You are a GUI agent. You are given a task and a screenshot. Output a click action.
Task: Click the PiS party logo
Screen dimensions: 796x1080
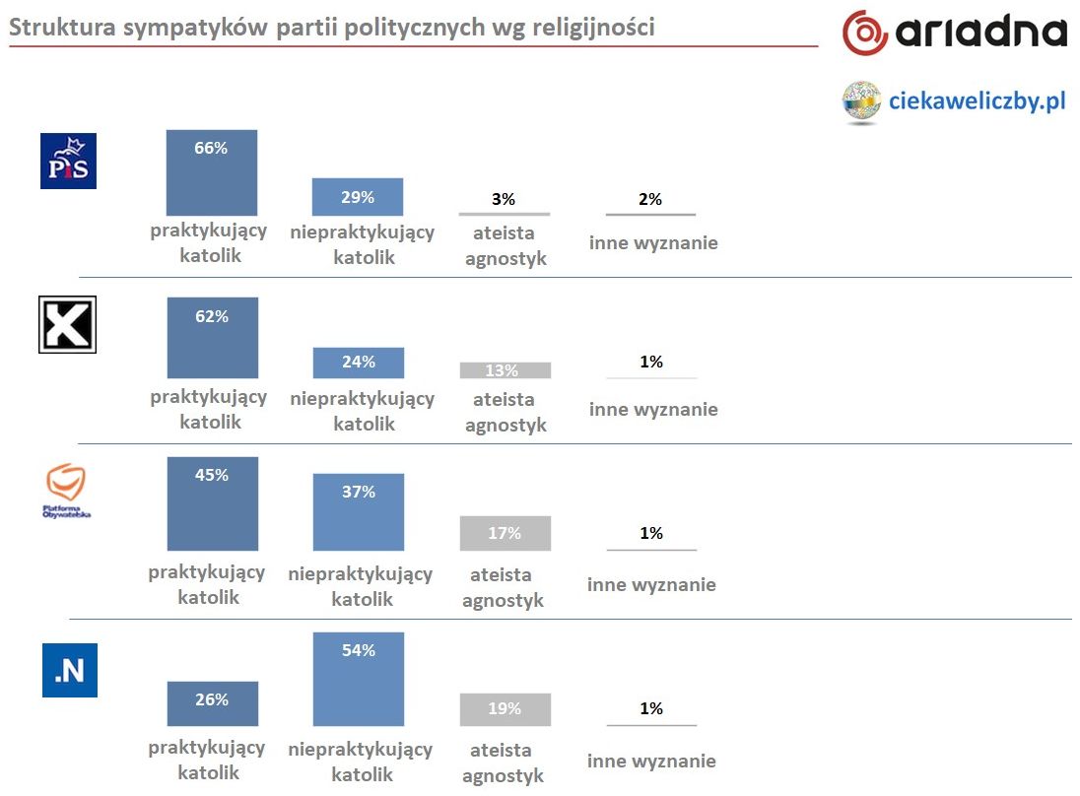(x=68, y=161)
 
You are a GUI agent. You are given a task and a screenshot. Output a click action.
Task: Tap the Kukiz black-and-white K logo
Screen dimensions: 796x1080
(x=67, y=325)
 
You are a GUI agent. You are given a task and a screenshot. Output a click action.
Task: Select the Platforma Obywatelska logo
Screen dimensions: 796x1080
(x=68, y=490)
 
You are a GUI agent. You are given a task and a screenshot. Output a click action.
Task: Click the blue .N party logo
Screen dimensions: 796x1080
(x=69, y=670)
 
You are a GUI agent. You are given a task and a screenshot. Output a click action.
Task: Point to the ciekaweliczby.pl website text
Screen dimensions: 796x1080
(x=978, y=100)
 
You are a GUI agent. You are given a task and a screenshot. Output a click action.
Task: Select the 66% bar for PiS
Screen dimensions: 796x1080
(x=212, y=172)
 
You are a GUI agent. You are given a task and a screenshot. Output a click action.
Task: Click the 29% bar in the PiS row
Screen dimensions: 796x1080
(x=358, y=197)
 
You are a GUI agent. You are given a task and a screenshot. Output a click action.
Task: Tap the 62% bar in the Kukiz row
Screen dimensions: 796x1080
(x=212, y=338)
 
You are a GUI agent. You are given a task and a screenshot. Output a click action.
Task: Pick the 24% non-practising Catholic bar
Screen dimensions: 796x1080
(x=358, y=363)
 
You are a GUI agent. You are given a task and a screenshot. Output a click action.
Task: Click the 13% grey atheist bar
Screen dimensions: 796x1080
(x=505, y=370)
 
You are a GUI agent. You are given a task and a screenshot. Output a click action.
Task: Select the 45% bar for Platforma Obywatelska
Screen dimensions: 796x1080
(x=212, y=503)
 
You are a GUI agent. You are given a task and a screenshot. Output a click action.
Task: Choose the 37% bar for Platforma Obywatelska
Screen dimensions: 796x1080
(x=358, y=512)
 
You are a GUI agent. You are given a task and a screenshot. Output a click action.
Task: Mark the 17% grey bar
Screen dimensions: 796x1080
(x=505, y=533)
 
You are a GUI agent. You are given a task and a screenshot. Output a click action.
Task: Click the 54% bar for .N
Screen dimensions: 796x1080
(x=358, y=679)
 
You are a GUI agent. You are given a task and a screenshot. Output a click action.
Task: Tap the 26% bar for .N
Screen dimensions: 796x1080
(x=212, y=703)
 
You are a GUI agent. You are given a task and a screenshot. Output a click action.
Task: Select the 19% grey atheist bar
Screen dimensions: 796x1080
(x=505, y=709)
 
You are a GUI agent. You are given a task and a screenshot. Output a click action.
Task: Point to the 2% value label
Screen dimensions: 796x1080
(x=650, y=199)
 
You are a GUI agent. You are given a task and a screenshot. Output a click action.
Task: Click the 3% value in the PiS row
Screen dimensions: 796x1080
(x=504, y=199)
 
